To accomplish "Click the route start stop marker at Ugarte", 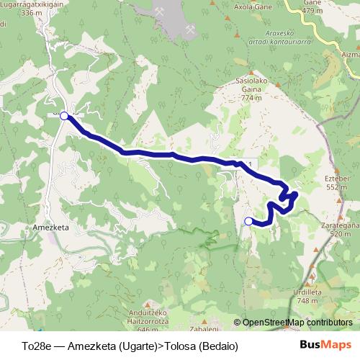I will (64, 115).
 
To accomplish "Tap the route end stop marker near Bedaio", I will (249, 221).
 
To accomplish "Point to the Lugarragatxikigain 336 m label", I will (32, 8).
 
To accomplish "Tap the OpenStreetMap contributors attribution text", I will (293, 323).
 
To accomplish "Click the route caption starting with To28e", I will (130, 346).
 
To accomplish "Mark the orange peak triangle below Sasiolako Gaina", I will (251, 108).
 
